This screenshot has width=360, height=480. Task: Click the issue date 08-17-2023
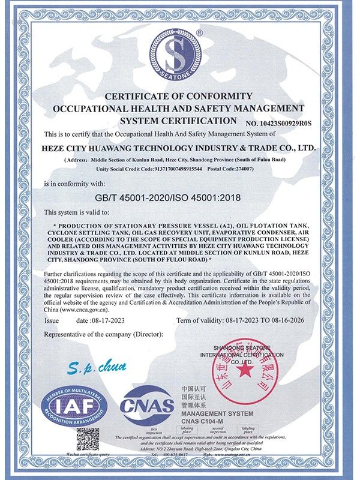[x=92, y=321]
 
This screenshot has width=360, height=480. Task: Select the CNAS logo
[x=147, y=409]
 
